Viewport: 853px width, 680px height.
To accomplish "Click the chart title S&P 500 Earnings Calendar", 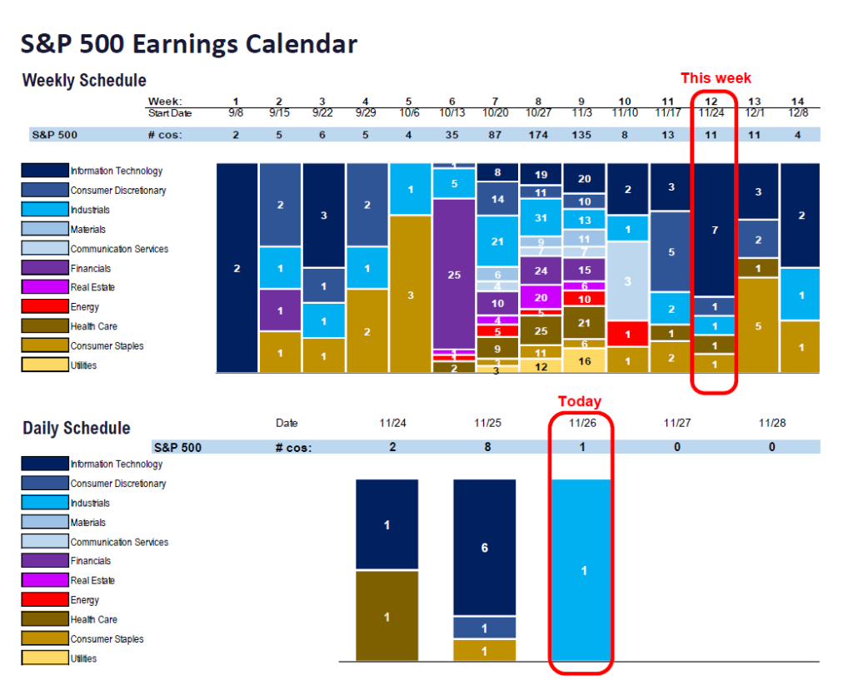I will tap(189, 43).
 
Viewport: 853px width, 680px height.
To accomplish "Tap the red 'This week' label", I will tap(716, 78).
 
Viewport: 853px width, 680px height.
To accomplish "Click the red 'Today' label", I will tap(580, 402).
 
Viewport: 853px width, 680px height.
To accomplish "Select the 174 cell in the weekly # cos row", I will tap(540, 134).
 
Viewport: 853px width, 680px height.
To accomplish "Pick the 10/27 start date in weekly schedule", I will tap(540, 112).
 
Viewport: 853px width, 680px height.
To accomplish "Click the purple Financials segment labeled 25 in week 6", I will tap(454, 274).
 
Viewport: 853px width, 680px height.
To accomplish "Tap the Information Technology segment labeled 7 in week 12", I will tap(714, 230).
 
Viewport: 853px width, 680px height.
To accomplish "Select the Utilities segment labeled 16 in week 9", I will tap(584, 360).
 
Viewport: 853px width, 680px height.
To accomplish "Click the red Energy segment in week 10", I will tap(627, 334).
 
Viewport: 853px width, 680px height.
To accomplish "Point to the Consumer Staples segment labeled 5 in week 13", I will tap(757, 325).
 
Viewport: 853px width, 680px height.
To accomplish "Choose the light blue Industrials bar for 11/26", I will tap(583, 570).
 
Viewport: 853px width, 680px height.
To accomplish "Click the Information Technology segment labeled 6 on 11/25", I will tap(485, 548).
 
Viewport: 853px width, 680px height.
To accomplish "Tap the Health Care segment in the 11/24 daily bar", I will tap(387, 616).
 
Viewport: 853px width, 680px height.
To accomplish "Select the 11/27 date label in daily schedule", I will tap(677, 423).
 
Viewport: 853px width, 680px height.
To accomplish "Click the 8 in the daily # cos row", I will tap(487, 447).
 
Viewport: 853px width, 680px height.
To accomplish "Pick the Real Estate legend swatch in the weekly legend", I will tap(44, 287).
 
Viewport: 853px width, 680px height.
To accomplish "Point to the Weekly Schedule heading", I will tap(84, 81).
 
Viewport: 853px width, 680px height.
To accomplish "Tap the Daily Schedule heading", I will tap(77, 428).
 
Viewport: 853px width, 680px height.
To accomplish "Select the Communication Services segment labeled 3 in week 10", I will tap(627, 281).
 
